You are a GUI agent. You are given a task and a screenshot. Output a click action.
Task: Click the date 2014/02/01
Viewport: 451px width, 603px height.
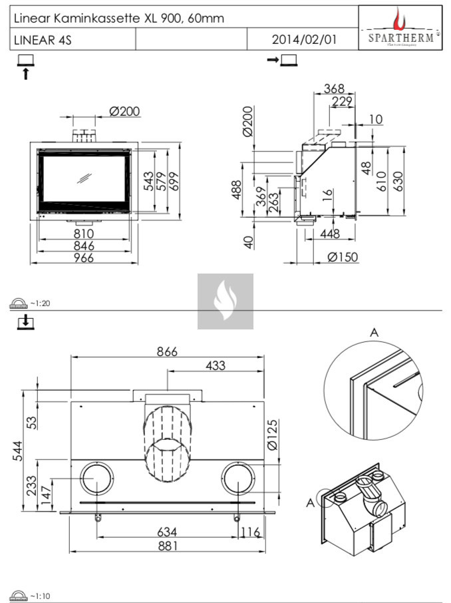(x=304, y=39)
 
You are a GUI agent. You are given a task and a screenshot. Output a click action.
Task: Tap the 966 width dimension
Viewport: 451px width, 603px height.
(x=83, y=258)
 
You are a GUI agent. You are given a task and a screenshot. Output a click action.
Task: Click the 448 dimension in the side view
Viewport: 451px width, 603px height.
(x=329, y=234)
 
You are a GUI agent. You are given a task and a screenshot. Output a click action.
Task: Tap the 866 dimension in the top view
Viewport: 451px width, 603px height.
(x=167, y=352)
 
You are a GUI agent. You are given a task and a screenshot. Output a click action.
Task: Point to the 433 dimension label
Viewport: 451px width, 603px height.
(x=215, y=365)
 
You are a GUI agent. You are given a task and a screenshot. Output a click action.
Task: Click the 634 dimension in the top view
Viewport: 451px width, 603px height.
(x=167, y=532)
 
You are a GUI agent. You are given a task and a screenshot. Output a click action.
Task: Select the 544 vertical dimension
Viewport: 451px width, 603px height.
(x=21, y=451)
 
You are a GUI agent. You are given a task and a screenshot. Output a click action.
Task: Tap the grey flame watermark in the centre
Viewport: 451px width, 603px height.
(x=225, y=301)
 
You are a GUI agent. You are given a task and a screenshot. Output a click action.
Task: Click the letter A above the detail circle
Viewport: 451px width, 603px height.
(x=374, y=332)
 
